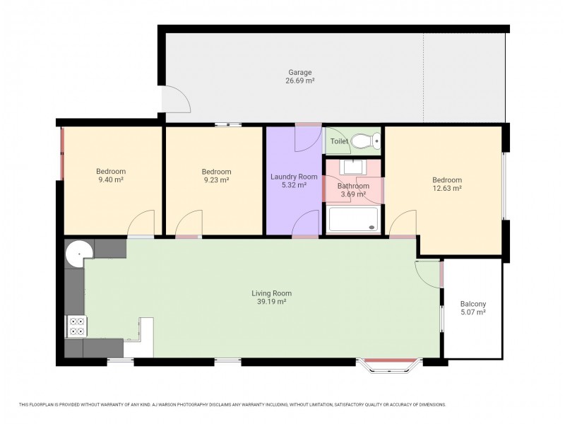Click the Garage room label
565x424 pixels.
[299, 72]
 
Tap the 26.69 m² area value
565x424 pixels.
[299, 81]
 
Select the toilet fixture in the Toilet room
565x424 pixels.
[364, 141]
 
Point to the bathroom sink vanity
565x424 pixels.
[352, 167]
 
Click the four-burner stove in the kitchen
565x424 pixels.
[76, 326]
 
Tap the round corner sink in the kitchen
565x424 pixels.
[78, 252]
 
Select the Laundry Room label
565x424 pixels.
[294, 177]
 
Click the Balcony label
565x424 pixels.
[472, 304]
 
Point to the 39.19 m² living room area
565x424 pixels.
[271, 302]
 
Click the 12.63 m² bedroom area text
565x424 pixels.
[446, 189]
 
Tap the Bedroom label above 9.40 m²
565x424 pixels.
[111, 172]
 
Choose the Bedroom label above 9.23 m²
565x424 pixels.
[216, 172]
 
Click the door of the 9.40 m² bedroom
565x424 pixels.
[141, 225]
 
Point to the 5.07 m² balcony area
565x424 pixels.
[472, 312]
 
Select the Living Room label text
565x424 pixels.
[271, 293]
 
